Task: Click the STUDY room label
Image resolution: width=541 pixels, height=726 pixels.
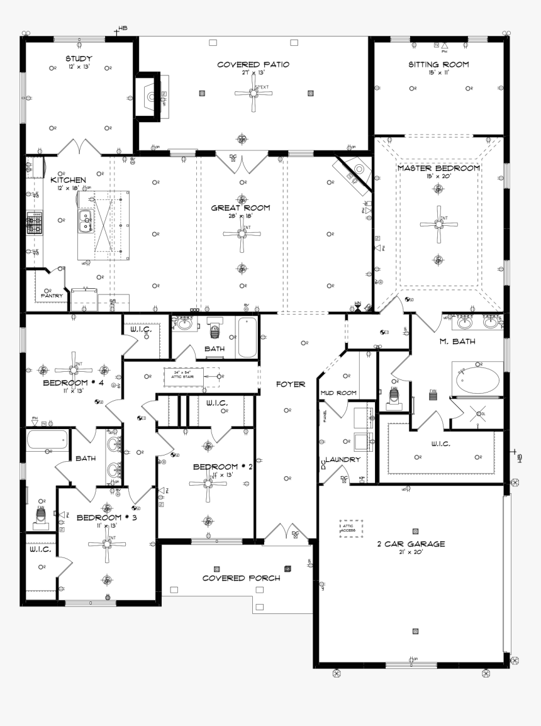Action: tap(79, 59)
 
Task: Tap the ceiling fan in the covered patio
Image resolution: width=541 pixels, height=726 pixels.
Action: tap(254, 94)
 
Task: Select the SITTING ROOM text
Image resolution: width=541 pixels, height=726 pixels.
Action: tap(438, 64)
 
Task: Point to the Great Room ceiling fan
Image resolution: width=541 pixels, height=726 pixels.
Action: tap(242, 233)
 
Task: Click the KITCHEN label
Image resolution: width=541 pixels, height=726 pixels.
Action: tap(68, 180)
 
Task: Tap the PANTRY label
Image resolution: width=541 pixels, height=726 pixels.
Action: tap(52, 295)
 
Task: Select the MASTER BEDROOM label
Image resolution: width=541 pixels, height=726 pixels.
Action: tap(438, 168)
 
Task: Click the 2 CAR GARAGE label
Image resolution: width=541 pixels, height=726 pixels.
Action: tap(410, 544)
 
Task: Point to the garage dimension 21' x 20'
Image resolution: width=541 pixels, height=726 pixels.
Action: tap(410, 552)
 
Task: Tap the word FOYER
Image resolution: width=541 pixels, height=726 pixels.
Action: tap(290, 384)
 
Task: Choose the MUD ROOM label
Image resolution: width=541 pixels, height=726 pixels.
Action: tap(338, 393)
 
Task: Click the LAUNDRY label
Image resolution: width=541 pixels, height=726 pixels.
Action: tap(343, 459)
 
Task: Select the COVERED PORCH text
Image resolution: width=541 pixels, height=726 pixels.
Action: tap(241, 578)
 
